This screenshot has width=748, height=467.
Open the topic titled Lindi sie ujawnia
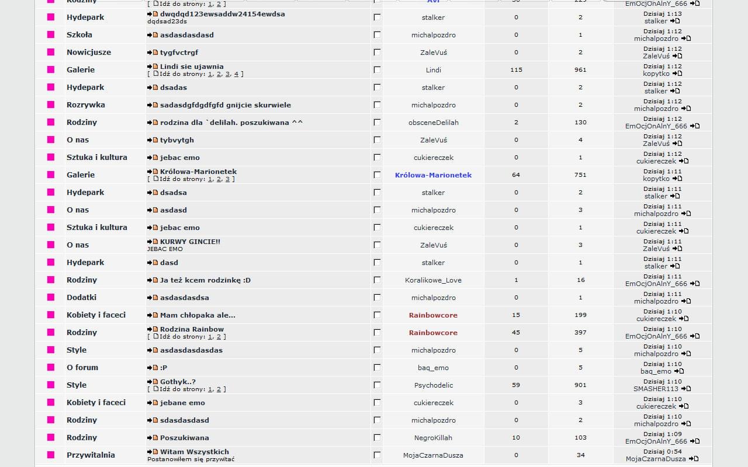[192, 67]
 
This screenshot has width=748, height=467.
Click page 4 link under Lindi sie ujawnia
[236, 74]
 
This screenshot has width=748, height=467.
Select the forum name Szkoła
[79, 35]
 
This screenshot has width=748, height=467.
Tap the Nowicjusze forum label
[89, 53]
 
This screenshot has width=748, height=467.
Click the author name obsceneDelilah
[434, 123]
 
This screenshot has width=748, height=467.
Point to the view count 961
[580, 70]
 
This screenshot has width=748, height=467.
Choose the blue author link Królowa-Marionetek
[433, 175]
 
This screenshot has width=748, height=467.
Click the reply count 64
[516, 175]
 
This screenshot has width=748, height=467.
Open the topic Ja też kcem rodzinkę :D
[205, 280]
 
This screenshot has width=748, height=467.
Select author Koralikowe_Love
[433, 280]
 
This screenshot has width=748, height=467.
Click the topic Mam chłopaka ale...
[198, 315]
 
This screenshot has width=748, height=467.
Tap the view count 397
[580, 333]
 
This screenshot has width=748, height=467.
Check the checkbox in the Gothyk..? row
[377, 385]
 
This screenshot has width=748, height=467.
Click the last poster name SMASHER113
[656, 389]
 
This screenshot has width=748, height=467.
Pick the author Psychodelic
[434, 385]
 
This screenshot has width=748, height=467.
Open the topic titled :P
[164, 368]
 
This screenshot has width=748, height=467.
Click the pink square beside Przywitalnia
[51, 455]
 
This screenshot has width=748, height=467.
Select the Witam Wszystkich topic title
[195, 452]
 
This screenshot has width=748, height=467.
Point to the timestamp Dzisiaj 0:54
[662, 452]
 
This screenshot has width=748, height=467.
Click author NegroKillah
[434, 438]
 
